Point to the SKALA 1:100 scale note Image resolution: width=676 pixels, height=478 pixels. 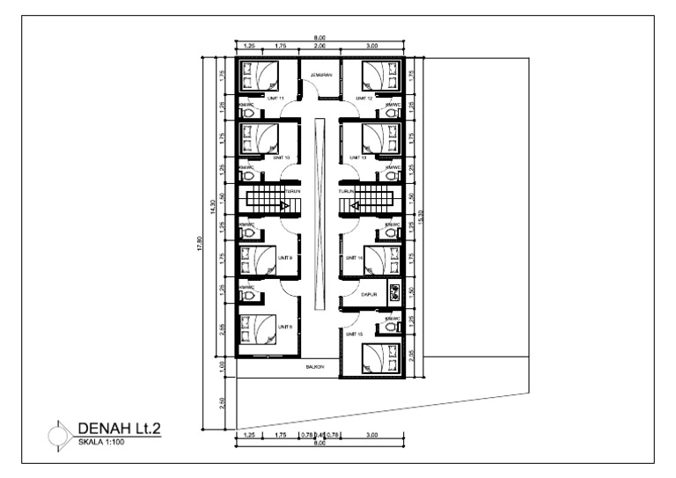click(100, 441)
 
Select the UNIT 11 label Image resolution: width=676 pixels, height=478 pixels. click(275, 99)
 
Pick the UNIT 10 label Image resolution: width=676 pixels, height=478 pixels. click(282, 158)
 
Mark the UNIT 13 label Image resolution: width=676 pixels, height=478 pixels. click(356, 158)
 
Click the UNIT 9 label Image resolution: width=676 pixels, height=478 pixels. click(284, 258)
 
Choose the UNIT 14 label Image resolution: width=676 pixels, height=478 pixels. click(354, 258)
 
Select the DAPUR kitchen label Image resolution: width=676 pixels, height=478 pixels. click(370, 296)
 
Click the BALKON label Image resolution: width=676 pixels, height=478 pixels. click(314, 366)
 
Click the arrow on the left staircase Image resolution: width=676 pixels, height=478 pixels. click(284, 206)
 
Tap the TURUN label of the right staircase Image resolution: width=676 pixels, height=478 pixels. click(346, 190)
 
